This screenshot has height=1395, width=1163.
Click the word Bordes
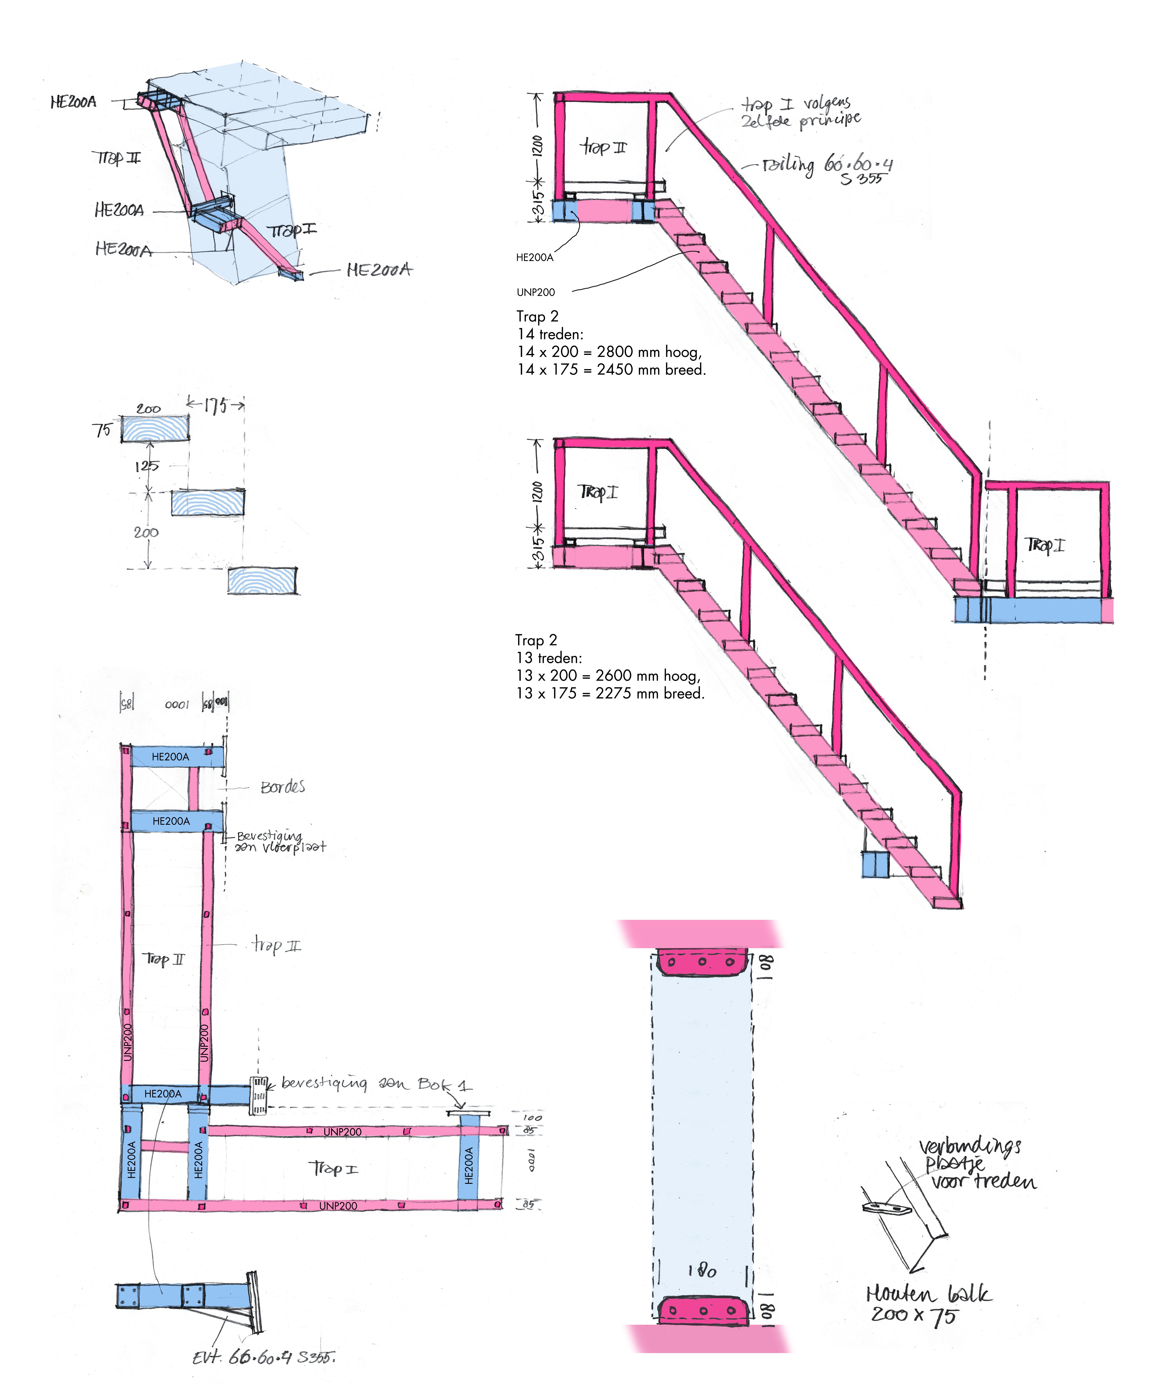[282, 787]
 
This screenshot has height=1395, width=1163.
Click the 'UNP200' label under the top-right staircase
[536, 292]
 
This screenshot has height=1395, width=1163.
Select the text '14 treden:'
[550, 334]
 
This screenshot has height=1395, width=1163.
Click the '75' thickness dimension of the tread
[102, 430]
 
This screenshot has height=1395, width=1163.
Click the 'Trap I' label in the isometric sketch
[291, 230]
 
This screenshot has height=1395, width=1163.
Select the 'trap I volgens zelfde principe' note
[801, 112]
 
